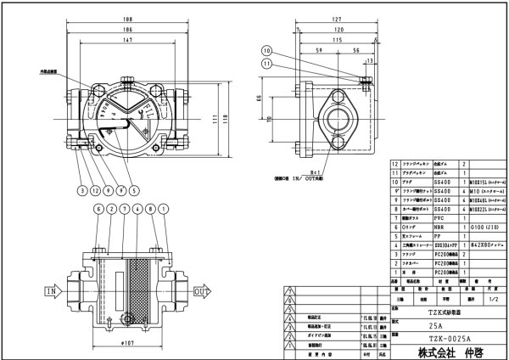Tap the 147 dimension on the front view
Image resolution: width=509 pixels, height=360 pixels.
coord(126,40)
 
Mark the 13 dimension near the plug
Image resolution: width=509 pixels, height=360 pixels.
coord(371,60)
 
